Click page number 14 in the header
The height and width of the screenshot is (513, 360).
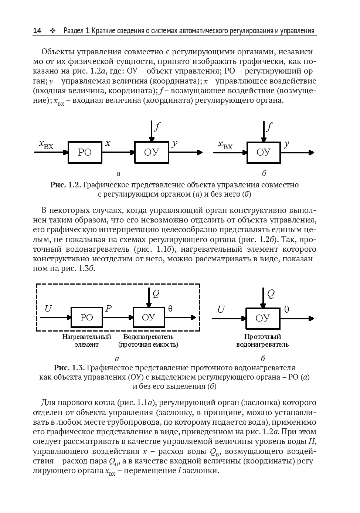[37, 31]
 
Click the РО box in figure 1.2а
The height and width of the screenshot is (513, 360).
[85, 152]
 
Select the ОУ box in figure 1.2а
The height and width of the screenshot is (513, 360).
[151, 152]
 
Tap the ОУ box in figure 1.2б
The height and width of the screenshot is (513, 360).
[263, 152]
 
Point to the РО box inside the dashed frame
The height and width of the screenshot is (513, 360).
[87, 317]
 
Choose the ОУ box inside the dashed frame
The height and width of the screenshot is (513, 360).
[148, 317]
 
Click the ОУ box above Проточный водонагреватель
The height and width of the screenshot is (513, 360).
[262, 318]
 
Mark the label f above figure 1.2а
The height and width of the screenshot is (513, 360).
[157, 127]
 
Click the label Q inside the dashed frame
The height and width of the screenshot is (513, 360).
[156, 294]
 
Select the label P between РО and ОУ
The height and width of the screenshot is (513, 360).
[108, 309]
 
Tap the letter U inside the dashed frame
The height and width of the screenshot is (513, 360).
[48, 309]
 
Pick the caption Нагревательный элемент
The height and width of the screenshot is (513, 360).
[86, 340]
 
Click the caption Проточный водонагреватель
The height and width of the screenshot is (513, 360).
[262, 340]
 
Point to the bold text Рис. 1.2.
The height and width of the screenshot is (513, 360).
[65, 185]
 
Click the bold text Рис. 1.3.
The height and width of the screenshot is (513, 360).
[69, 368]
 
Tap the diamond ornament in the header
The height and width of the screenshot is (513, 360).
[52, 31]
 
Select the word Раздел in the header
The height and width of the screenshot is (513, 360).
[74, 31]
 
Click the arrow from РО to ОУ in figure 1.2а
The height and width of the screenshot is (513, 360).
[118, 152]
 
